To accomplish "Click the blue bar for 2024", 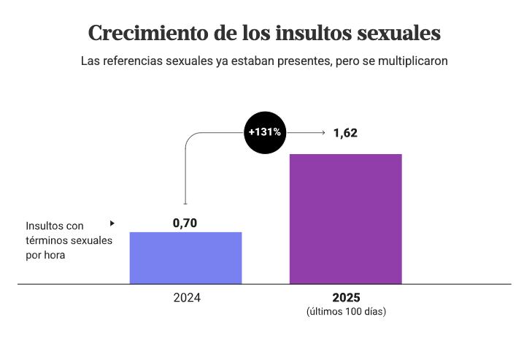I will (x=185, y=258).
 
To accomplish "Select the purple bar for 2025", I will (x=345, y=218).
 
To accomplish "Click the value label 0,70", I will (x=185, y=223).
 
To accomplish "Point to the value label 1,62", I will (x=345, y=133).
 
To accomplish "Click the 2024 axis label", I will (x=186, y=298).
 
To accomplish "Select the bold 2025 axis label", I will (x=346, y=298).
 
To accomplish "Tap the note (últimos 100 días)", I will (x=346, y=312).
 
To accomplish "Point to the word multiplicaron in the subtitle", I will (x=413, y=61).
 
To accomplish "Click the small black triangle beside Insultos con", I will (x=112, y=223).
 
